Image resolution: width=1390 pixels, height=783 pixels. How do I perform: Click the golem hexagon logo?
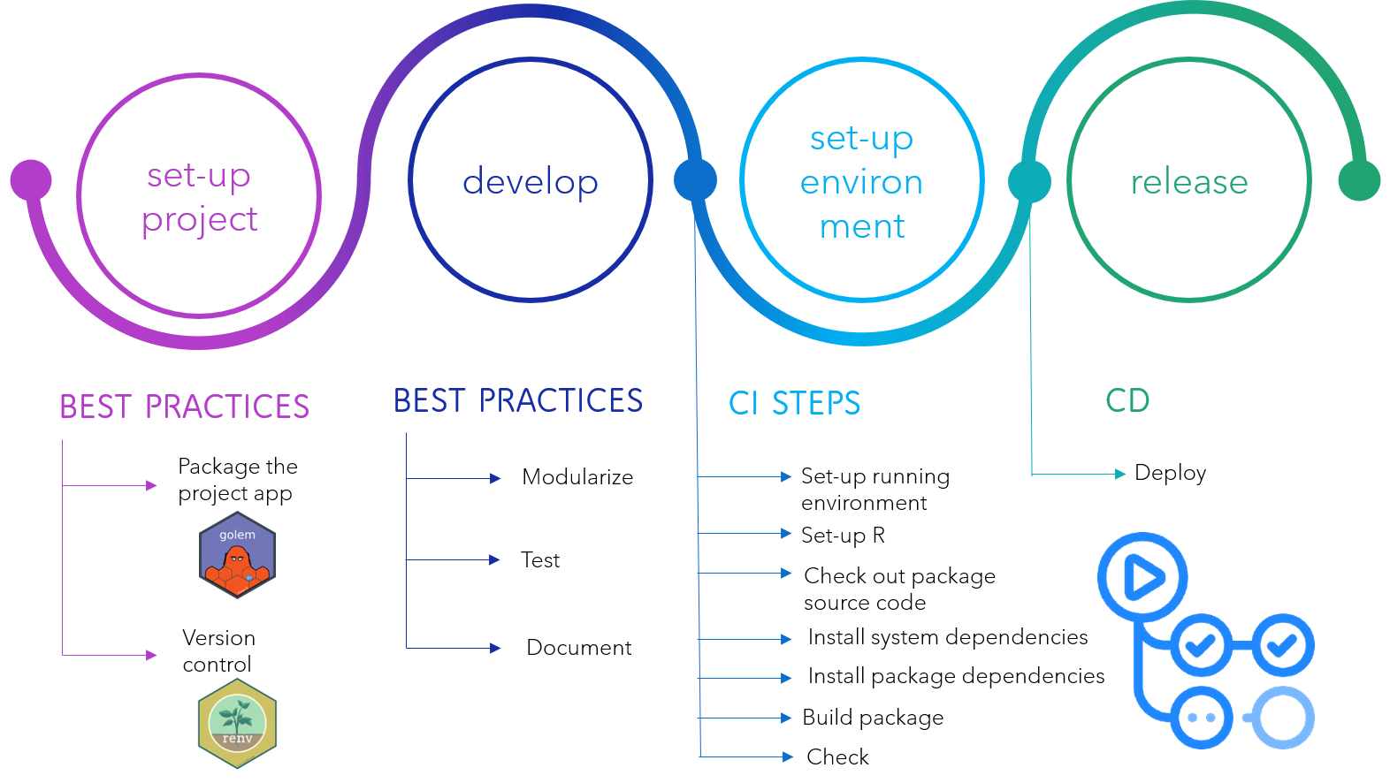point(237,555)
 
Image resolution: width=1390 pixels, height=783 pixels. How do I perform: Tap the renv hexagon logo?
point(237,724)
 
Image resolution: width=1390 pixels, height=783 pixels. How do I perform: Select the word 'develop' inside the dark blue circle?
point(530,182)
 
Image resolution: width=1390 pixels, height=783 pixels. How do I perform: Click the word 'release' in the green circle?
point(1189,182)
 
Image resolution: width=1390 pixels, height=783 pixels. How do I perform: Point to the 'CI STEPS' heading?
point(794,403)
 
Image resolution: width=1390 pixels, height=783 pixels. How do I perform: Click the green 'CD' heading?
point(1127,400)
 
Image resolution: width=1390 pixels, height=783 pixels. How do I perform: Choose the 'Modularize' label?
point(577,476)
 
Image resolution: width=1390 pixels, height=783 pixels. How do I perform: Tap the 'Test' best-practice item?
point(540,559)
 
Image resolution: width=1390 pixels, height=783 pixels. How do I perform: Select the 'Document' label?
point(579,647)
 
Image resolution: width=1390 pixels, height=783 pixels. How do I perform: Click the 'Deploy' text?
point(1171,473)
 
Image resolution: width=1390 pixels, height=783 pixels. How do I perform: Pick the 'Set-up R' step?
point(843,535)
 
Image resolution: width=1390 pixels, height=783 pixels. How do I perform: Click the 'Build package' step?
point(873,718)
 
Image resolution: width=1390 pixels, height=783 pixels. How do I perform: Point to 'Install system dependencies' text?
point(948,637)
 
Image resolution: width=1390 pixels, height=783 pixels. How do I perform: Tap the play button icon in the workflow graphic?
point(1142,577)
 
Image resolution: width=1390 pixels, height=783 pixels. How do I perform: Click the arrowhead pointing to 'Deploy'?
point(1120,474)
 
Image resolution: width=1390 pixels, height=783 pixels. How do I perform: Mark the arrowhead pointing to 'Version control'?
point(151,655)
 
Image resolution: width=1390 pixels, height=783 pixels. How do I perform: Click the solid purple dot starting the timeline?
point(31,180)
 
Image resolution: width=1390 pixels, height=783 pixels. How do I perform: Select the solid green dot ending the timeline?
point(1359,180)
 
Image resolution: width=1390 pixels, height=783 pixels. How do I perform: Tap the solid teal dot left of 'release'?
point(1029,181)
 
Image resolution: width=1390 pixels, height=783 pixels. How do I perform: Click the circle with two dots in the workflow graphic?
point(1202,718)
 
